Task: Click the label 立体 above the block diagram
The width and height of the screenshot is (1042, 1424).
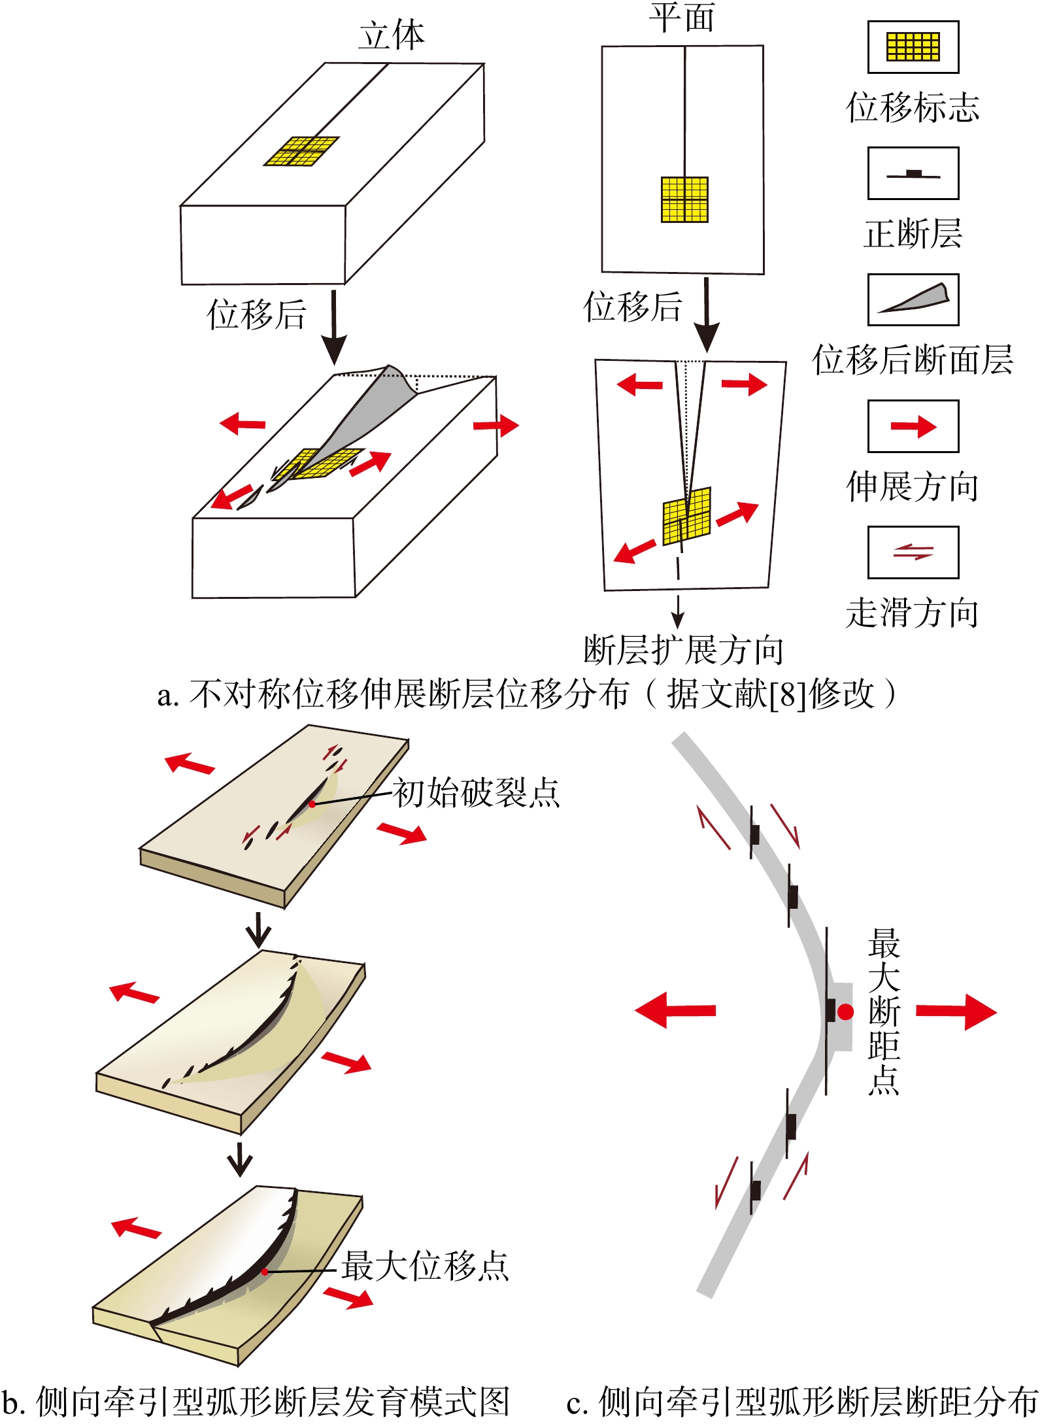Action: tap(391, 36)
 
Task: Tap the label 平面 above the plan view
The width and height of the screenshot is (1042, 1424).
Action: tap(682, 18)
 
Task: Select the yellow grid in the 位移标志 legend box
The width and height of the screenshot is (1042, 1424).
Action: tap(913, 47)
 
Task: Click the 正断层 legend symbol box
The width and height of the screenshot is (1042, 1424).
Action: tap(913, 173)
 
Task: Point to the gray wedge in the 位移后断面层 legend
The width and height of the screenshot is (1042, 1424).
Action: tap(915, 299)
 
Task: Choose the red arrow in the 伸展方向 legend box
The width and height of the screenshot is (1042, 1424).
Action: tap(913, 427)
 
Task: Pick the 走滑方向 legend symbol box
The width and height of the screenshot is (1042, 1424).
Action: tap(913, 552)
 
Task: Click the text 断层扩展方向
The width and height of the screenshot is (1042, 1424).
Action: tap(683, 650)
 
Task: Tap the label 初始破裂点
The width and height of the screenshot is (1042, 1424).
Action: tap(476, 793)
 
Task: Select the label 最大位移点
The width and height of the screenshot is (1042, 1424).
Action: tap(425, 1265)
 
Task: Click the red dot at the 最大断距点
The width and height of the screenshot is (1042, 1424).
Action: tap(846, 1011)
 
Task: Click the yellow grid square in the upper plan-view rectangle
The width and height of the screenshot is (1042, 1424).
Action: tap(684, 199)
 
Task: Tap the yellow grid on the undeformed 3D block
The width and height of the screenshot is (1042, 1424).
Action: tap(301, 151)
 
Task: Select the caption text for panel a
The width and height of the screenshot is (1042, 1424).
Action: tap(526, 694)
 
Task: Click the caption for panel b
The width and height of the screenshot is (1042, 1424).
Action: tap(255, 1402)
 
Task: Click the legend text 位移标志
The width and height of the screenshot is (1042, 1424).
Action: tap(913, 107)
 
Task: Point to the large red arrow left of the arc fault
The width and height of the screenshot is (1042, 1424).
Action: tap(675, 1010)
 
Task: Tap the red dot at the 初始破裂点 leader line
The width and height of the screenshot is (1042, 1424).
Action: tap(312, 804)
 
